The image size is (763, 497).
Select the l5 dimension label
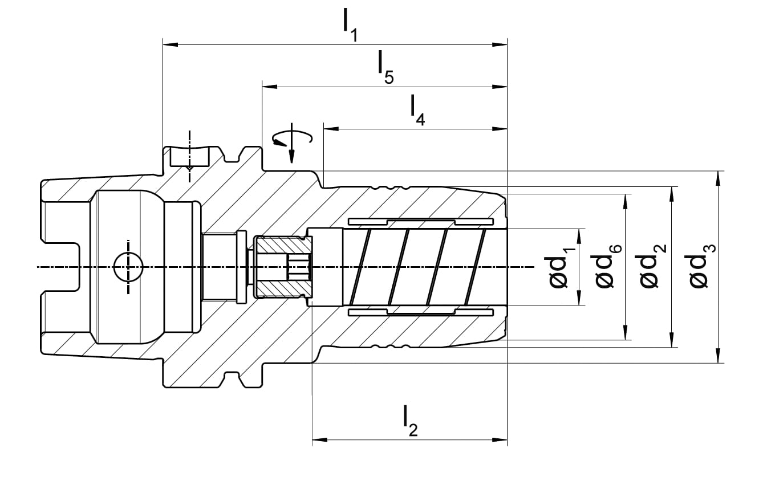(385, 67)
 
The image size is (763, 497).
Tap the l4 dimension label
(417, 110)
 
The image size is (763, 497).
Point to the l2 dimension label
(410, 421)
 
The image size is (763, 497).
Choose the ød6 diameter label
(608, 267)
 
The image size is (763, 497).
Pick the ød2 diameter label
(653, 266)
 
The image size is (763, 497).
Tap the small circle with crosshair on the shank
(128, 267)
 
